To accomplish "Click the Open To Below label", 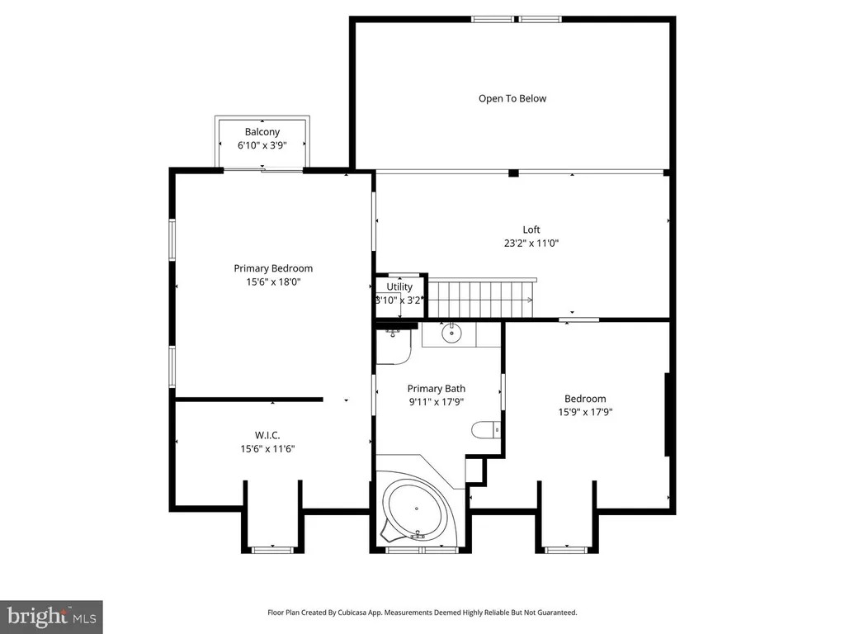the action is pos(512,99).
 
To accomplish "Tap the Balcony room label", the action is pos(262,132).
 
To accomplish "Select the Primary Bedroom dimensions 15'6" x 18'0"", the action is pos(273,282).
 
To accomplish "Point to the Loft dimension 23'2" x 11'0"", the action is pos(531,244).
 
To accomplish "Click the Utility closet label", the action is pos(399,286).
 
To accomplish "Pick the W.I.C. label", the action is pos(267,435).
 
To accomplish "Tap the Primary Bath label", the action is pos(437,389).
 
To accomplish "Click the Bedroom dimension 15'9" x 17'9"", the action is pos(585,413).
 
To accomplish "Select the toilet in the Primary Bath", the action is pos(485,429).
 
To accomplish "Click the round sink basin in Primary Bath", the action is pos(451,334).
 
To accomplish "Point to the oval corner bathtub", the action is pos(416,510).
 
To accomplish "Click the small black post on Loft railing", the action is pos(513,173).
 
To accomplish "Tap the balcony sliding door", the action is pos(263,170).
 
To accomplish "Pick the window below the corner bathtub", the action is pos(422,550).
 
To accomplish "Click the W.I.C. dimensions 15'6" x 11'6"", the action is pos(267,448).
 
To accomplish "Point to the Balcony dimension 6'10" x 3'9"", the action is pos(262,145).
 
